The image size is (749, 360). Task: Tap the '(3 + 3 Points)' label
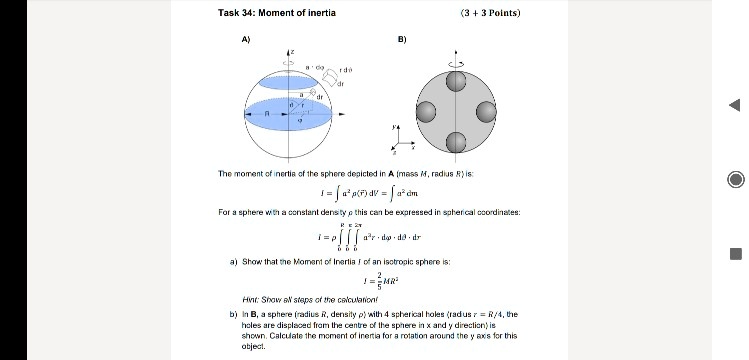click(490, 13)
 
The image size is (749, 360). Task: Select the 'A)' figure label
click(246, 41)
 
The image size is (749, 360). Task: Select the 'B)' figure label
click(401, 41)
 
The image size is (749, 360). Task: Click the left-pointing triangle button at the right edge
click(734, 106)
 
